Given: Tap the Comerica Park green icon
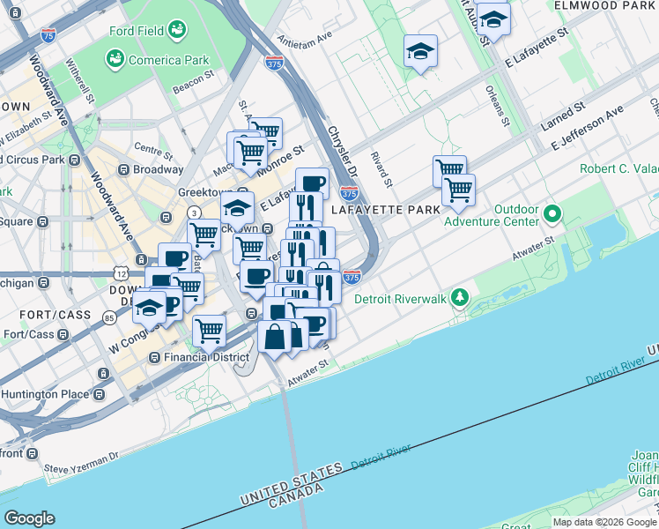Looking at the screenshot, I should tap(114, 59).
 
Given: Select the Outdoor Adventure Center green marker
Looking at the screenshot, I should tap(552, 213).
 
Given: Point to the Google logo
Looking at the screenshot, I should tap(29, 518).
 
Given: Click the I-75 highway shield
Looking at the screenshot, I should tap(48, 36).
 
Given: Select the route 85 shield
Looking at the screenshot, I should tap(108, 317).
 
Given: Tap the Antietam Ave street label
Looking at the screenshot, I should tap(304, 39).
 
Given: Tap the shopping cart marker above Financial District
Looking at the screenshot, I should tap(210, 331).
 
